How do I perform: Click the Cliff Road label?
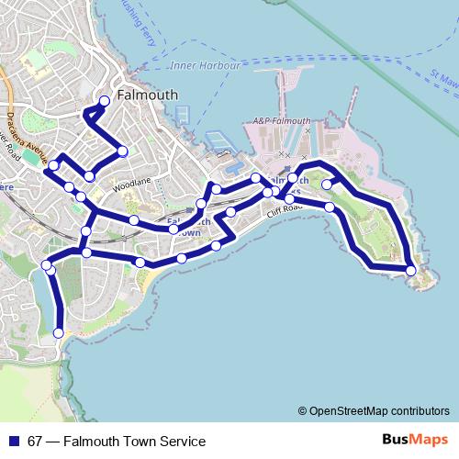[x=285, y=210]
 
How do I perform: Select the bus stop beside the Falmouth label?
[x=105, y=101]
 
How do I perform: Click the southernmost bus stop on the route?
[x=60, y=332]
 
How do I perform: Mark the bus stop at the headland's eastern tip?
[x=410, y=270]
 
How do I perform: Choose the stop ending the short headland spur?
[x=326, y=185]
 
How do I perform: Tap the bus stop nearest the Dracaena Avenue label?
[x=54, y=165]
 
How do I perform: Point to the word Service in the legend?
[x=182, y=442]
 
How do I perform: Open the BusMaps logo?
[x=415, y=441]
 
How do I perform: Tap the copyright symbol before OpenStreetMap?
[x=302, y=411]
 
